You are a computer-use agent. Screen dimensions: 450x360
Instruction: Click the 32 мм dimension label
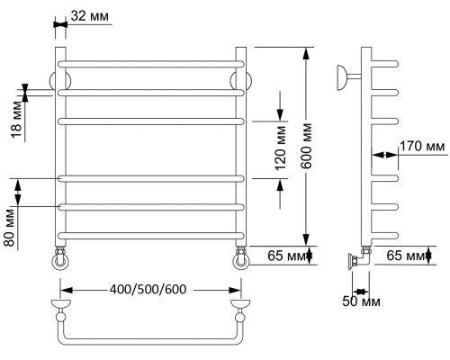[x=90, y=15]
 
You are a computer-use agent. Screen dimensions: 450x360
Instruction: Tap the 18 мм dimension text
[x=17, y=120]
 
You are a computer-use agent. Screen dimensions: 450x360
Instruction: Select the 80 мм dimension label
[x=9, y=228]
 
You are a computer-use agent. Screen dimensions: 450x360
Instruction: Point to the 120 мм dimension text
[x=281, y=148]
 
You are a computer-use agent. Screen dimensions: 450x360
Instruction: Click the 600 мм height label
[x=306, y=146]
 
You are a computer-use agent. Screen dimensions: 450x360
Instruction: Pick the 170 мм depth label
[x=422, y=147]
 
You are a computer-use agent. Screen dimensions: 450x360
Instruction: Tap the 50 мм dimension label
[x=361, y=301]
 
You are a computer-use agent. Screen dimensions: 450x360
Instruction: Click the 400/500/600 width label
[x=148, y=289]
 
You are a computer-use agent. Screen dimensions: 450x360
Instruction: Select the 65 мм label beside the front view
[x=287, y=256]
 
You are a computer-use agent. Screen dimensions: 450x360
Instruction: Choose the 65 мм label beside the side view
[x=406, y=256]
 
